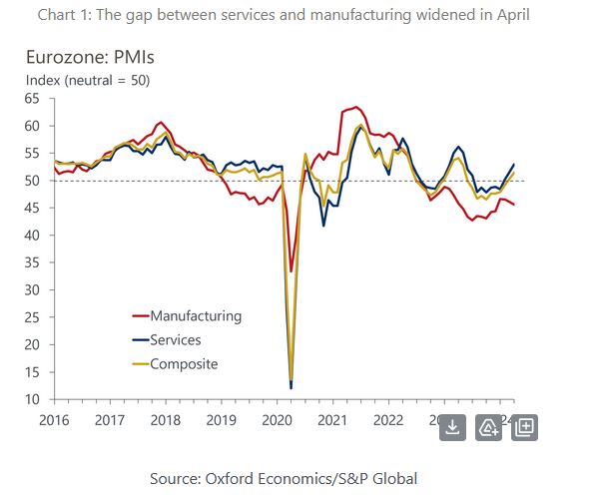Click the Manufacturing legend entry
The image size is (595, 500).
tap(196, 315)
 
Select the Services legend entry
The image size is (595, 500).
tap(183, 340)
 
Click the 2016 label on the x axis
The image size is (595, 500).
tap(55, 420)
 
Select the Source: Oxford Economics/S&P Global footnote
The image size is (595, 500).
tap(284, 479)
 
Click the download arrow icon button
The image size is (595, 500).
tap(452, 427)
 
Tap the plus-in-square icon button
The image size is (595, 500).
tap(525, 427)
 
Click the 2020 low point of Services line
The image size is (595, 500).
tap(291, 388)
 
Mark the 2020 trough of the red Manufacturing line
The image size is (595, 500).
tap(291, 271)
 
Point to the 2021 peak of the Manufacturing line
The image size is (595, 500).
tap(356, 107)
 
